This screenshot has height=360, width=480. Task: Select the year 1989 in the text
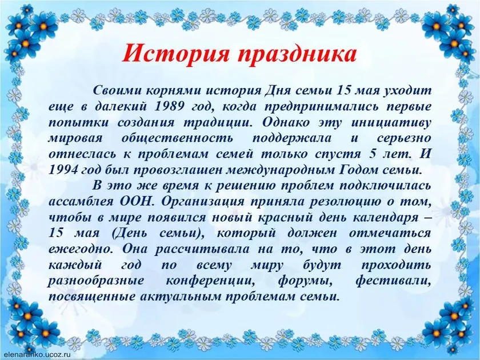pyautogui.click(x=170, y=106)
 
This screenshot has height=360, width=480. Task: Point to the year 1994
pyautogui.click(x=63, y=170)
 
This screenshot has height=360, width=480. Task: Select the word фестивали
pyautogui.click(x=393, y=281)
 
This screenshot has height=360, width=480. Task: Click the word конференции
pyautogui.click(x=211, y=281)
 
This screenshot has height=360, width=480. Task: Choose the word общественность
pyautogui.click(x=177, y=138)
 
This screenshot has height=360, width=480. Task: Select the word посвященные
pyautogui.click(x=91, y=297)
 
